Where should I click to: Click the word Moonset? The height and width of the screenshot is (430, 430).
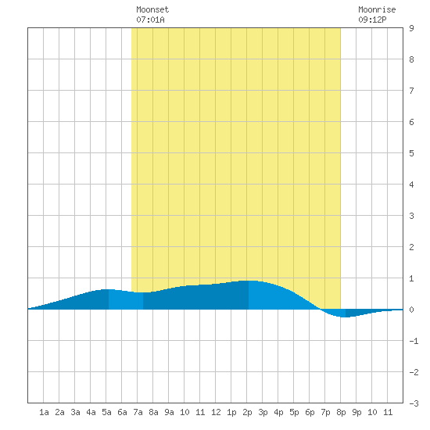coord(152,9)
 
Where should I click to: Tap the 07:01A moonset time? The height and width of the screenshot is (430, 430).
coord(150,20)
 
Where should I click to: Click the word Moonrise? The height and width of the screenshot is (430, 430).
coord(377,9)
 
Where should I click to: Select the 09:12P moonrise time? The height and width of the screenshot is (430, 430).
coord(372,20)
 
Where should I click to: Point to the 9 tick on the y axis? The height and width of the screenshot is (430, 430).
coord(411,28)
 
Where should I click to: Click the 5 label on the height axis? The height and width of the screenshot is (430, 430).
coord(411,153)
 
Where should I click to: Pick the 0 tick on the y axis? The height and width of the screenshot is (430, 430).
coord(411,310)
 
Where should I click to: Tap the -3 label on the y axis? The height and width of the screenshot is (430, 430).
coord(414,403)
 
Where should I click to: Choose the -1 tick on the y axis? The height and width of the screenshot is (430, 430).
coord(414,341)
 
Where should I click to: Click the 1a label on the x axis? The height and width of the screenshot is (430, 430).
coord(44,412)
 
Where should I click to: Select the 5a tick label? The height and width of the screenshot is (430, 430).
coord(106,412)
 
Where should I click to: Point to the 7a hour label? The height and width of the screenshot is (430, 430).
coord(138,412)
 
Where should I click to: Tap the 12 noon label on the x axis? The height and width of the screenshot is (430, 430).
coord(216,412)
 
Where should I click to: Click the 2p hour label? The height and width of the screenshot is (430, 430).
coord(247,412)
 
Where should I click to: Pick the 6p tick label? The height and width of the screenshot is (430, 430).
coord(310,412)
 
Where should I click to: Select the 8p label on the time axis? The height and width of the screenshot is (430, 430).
coord(341,412)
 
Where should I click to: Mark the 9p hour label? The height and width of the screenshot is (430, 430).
coord(357,412)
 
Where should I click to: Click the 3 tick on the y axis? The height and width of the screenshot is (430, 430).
coord(411,216)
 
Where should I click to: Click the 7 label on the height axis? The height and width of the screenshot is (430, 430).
coord(411,91)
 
